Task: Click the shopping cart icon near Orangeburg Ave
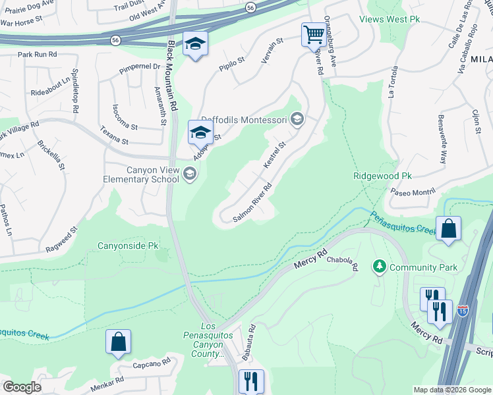pos(314,34)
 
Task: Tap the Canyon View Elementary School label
pos(142,174)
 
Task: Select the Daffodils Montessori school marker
pos(297,119)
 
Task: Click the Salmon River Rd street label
pos(253,203)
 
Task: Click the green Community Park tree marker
pos(379,267)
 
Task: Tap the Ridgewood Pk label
pos(382,176)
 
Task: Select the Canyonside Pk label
pos(129,246)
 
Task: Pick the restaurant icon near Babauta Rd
pos(250,381)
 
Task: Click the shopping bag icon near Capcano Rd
pos(119,342)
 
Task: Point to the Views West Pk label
pos(390,19)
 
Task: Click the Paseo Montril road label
pos(413,192)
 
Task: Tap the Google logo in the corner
pos(22,387)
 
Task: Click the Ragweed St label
pos(62,240)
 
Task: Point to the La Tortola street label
pos(394,81)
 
